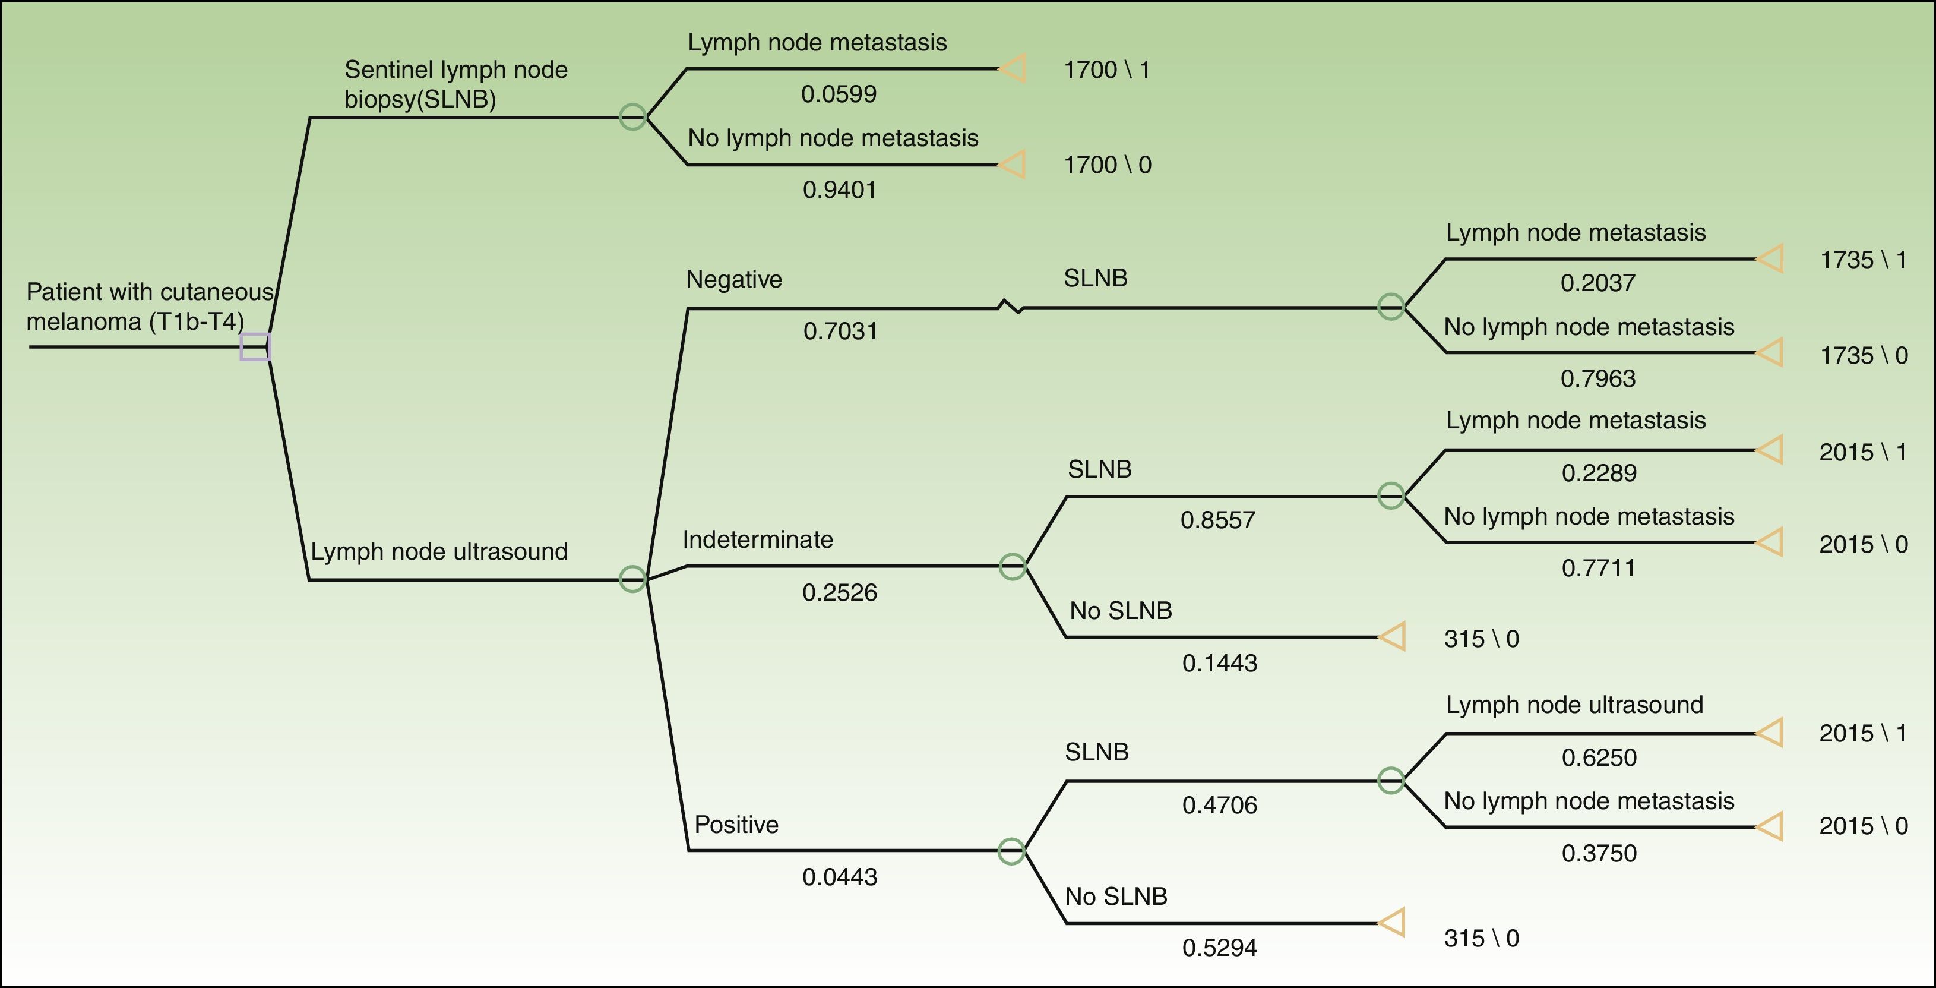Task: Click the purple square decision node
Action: coord(255,346)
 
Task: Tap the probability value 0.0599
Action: coord(839,94)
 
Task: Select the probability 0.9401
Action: coord(840,190)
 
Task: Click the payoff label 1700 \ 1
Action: coord(1106,70)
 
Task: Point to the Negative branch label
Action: coord(733,280)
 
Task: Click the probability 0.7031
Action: coord(840,331)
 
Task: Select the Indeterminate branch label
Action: coord(758,539)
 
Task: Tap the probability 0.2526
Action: coord(840,592)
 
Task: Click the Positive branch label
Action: coord(736,824)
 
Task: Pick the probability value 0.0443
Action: coord(840,877)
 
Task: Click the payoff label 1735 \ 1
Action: coord(1863,260)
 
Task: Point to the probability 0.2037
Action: coord(1598,283)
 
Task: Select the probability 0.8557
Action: coord(1217,520)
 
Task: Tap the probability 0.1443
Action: coord(1219,663)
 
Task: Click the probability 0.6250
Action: coord(1599,757)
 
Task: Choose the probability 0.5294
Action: coord(1219,948)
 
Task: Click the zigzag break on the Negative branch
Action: coord(1011,307)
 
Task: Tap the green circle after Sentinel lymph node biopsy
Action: coord(633,116)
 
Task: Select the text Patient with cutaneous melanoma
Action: coord(149,306)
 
